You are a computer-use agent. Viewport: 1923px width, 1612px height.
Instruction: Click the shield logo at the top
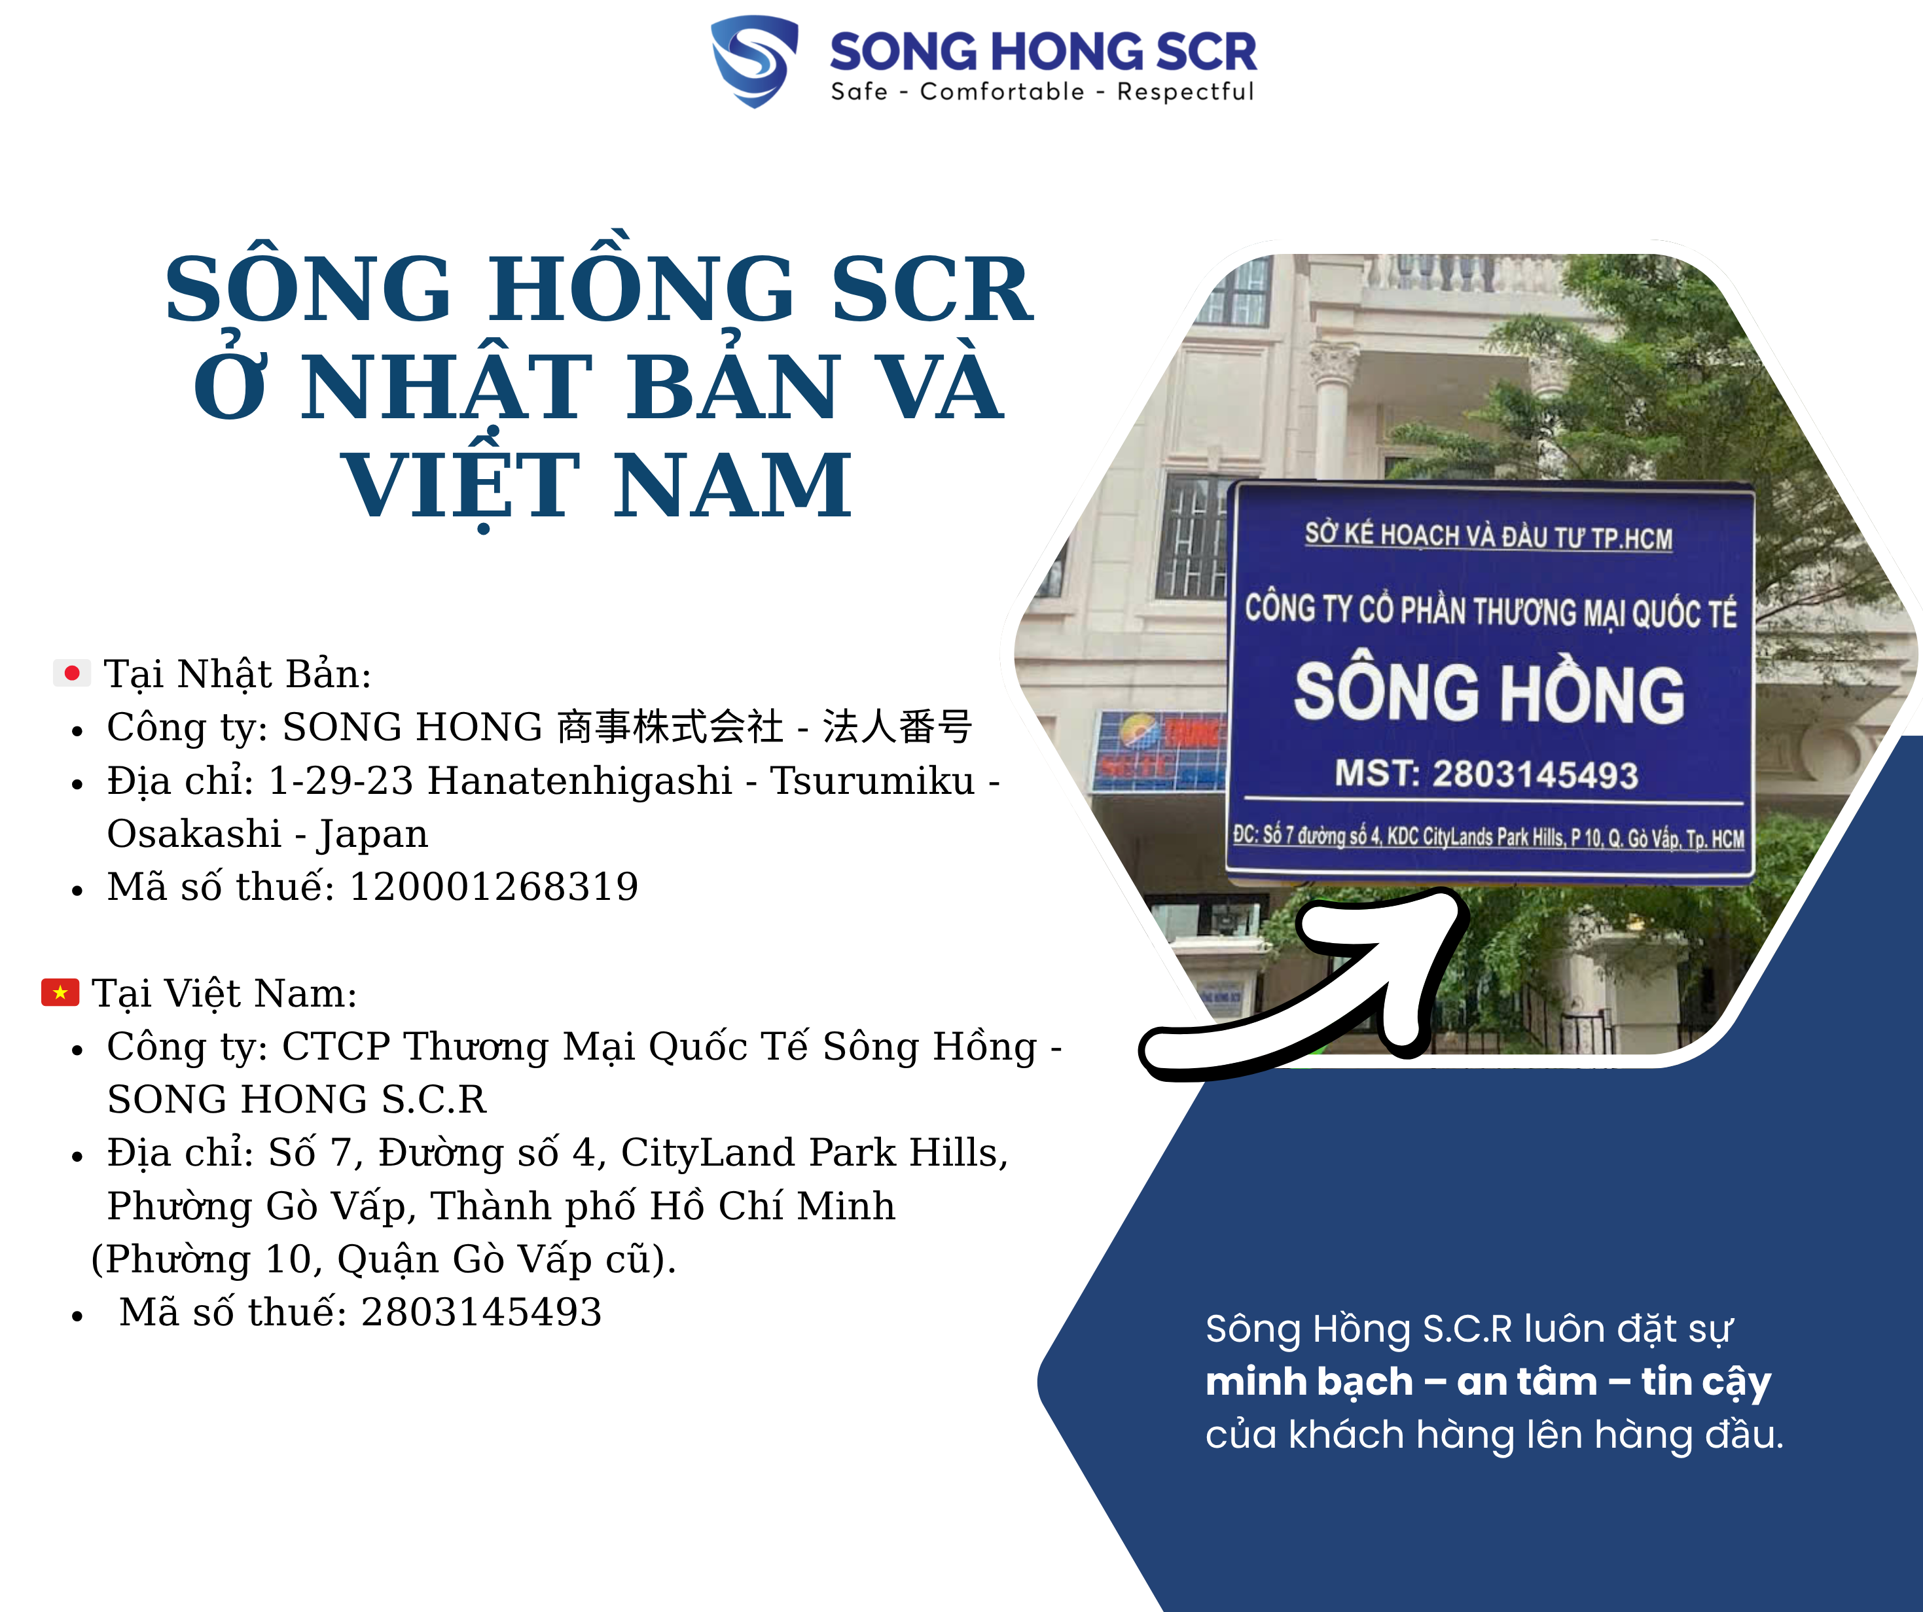click(x=755, y=60)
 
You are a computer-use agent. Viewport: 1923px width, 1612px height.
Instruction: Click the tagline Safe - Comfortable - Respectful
click(x=1042, y=92)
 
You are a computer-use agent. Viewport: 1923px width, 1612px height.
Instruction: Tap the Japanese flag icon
click(x=71, y=673)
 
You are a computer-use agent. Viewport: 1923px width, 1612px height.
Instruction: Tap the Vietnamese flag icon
click(x=60, y=992)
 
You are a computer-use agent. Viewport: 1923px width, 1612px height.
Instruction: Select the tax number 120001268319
click(x=494, y=887)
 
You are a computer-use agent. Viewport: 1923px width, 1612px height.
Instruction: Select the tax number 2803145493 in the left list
click(x=482, y=1312)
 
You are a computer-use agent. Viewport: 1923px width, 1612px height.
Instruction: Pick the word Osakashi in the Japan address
click(x=194, y=833)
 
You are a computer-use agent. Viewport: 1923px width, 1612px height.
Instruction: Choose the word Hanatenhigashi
click(x=580, y=780)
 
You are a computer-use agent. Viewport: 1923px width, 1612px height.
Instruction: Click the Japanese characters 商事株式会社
click(x=670, y=727)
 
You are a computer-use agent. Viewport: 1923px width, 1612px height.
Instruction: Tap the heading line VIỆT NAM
click(x=597, y=486)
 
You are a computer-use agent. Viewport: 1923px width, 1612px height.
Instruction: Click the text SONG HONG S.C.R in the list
click(x=297, y=1099)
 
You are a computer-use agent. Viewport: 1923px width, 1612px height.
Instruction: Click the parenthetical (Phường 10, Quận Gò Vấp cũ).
click(x=384, y=1259)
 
